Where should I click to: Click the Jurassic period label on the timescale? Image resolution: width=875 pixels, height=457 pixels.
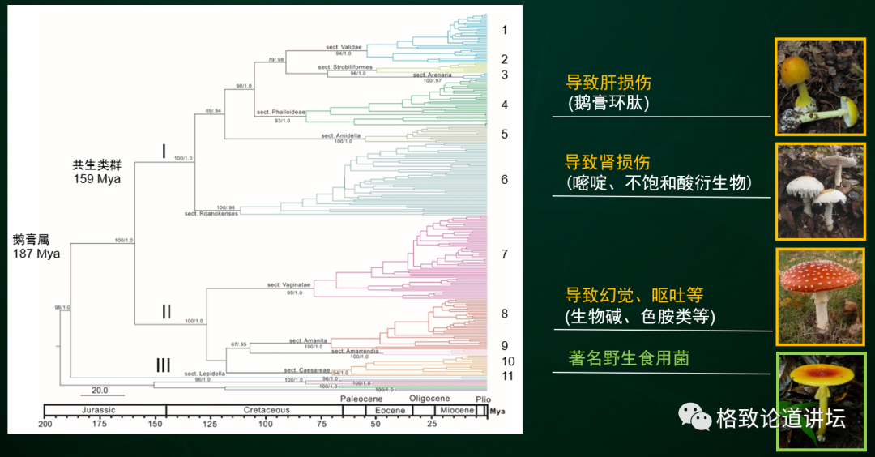tap(98, 410)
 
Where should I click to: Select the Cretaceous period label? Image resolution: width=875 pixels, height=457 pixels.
tap(267, 410)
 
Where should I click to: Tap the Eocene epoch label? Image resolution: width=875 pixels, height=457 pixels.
tap(390, 410)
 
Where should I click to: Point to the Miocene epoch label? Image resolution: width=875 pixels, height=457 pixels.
tap(457, 410)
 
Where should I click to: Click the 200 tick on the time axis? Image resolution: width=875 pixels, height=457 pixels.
tap(45, 424)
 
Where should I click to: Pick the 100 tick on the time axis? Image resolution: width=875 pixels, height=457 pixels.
tap(266, 424)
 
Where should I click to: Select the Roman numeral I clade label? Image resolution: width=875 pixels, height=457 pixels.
tap(164, 151)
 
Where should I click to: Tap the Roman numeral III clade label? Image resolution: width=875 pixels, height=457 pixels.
tap(165, 366)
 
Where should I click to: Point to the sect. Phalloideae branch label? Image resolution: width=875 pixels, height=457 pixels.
tap(280, 112)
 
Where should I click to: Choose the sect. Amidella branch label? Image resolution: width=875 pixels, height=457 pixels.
tap(340, 135)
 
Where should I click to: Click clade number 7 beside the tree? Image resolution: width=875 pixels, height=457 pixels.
tap(504, 254)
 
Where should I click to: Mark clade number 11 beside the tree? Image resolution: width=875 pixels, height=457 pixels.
tap(507, 376)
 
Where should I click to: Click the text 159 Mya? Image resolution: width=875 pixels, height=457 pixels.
tap(96, 178)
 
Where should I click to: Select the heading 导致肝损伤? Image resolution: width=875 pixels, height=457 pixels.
tap(608, 83)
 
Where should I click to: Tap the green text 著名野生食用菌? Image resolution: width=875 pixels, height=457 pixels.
tap(629, 357)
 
